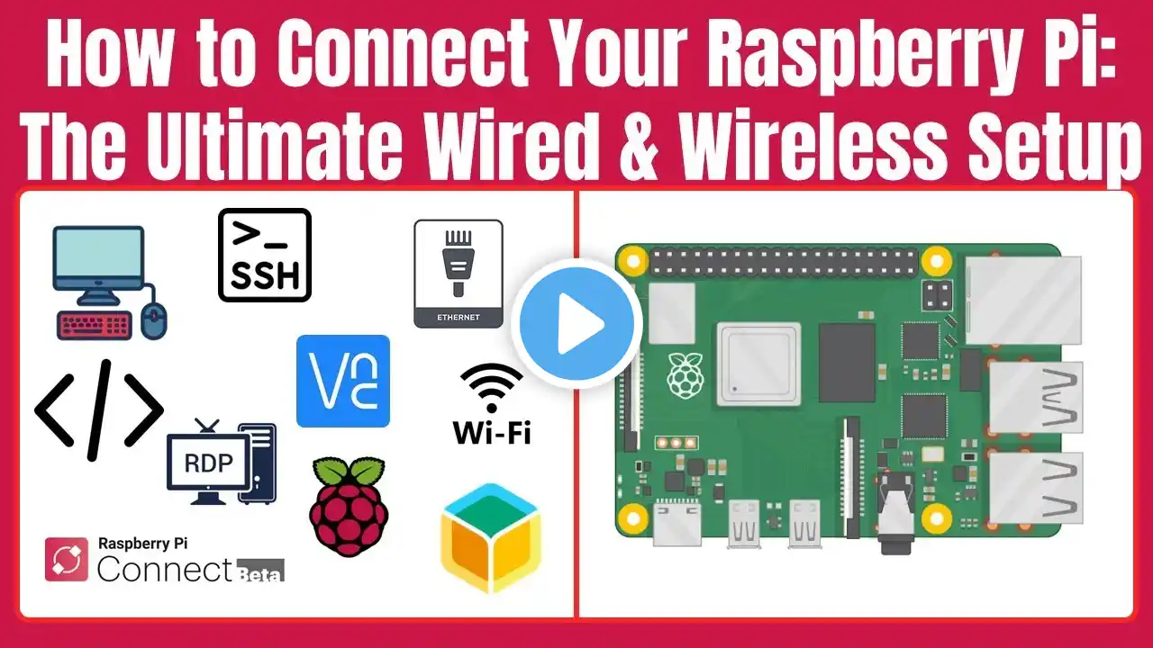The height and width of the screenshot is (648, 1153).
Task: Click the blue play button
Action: pos(577,323)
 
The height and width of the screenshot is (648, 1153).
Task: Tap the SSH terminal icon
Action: pos(265,255)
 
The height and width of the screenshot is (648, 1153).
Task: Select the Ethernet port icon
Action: pos(458,274)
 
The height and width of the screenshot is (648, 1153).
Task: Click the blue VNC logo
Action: pos(343,381)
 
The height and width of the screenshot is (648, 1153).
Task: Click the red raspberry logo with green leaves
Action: pos(349,507)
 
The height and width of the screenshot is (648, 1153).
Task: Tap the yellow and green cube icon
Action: pos(491,538)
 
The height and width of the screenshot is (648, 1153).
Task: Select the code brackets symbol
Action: pos(99,409)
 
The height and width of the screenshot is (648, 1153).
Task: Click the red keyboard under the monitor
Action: pos(94,326)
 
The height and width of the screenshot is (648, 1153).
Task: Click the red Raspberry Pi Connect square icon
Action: pos(66,560)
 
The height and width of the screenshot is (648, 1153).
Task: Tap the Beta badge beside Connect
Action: pos(260,571)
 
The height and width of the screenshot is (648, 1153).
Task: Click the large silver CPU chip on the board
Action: pos(758,364)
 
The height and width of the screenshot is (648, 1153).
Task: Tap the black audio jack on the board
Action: pos(895,513)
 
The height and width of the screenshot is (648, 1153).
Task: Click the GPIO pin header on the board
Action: pos(784,262)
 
